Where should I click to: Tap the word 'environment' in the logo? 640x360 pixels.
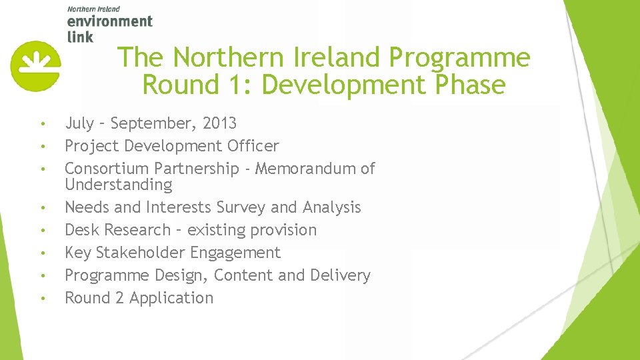click(x=110, y=21)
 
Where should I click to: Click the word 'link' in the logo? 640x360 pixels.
click(x=80, y=36)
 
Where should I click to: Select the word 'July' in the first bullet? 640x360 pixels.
click(x=79, y=123)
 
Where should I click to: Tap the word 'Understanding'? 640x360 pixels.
click(x=118, y=185)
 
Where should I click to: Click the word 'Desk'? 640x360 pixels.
click(x=82, y=230)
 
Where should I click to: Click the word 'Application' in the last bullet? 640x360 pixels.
click(x=171, y=298)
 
